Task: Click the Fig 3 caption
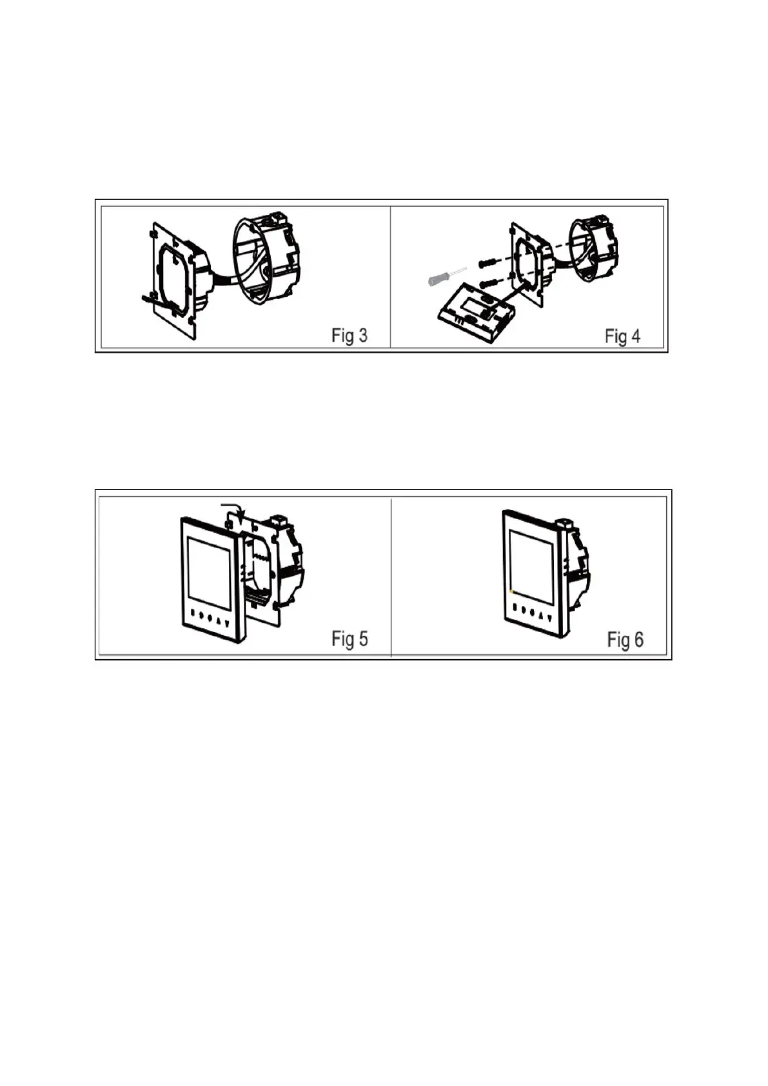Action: point(349,335)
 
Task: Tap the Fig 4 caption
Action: point(622,336)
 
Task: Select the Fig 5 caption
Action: point(350,638)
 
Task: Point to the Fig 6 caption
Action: point(625,639)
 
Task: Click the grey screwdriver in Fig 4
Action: point(442,277)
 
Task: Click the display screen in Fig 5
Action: point(208,572)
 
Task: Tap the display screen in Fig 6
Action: point(531,566)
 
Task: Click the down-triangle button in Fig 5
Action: point(226,623)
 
